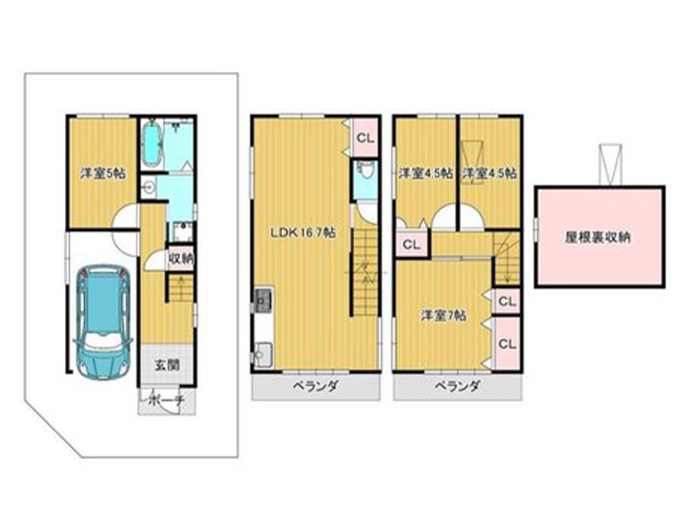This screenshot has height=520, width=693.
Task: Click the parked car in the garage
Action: click(103, 322)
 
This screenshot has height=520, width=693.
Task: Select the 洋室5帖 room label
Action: click(102, 173)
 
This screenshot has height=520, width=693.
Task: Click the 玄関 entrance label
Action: click(167, 365)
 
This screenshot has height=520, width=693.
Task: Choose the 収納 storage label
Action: click(181, 258)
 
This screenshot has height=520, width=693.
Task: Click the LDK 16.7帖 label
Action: click(302, 232)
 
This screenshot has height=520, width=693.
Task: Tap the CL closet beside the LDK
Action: click(366, 138)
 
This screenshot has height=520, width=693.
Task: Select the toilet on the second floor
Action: click(366, 170)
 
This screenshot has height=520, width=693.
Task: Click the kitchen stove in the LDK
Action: click(262, 301)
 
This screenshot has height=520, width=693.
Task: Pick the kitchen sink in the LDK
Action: click(263, 354)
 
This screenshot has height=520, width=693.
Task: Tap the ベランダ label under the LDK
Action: click(315, 387)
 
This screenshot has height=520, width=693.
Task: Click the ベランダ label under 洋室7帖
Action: click(457, 387)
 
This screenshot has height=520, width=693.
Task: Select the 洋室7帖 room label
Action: click(444, 315)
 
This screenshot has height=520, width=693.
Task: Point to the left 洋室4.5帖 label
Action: click(425, 172)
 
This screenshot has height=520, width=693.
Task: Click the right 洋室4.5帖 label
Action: click(489, 172)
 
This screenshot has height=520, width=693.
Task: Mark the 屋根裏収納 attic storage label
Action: click(598, 237)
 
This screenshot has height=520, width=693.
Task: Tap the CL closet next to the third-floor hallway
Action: click(411, 244)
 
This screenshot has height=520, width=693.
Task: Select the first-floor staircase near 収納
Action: click(181, 289)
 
